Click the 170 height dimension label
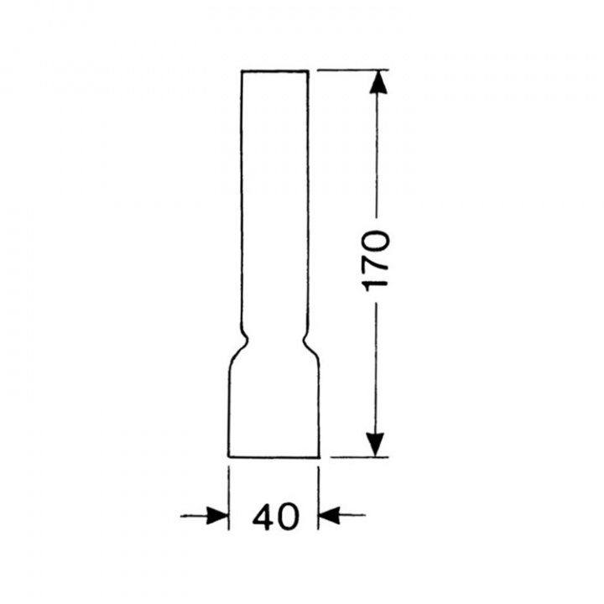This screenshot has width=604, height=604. [x=377, y=260]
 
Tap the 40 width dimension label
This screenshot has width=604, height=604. [x=274, y=517]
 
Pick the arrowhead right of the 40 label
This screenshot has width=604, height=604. [x=330, y=515]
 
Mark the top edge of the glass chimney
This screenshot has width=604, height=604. [x=274, y=70]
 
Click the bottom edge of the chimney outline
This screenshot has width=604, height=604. [x=273, y=457]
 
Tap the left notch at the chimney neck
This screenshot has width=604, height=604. [x=244, y=340]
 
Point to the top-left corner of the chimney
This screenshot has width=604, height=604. [x=242, y=70]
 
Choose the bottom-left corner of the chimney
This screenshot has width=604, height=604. [x=229, y=457]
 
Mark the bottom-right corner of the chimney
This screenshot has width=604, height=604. [x=319, y=457]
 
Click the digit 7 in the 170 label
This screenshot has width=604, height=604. [x=377, y=261]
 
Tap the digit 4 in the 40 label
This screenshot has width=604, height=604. [x=263, y=517]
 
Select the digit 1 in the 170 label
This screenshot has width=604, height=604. [x=377, y=282]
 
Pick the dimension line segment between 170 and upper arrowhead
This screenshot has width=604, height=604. [x=377, y=159]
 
